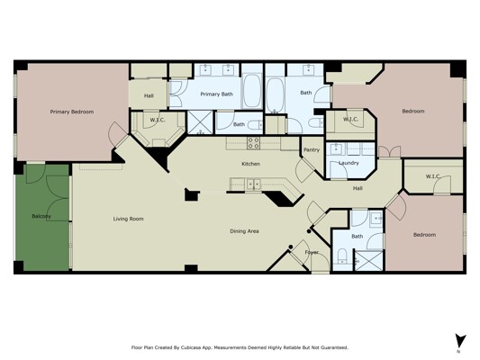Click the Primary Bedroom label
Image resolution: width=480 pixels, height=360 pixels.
tap(72, 112)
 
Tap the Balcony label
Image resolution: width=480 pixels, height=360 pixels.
tap(41, 216)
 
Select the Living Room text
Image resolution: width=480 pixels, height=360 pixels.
tap(128, 219)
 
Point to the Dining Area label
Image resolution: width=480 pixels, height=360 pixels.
tap(244, 231)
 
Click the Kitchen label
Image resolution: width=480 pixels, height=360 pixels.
tap(250, 164)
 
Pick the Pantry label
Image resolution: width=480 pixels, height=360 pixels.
tap(312, 150)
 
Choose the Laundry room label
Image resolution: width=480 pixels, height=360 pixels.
tap(349, 163)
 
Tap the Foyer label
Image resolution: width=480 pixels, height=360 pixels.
tap(312, 252)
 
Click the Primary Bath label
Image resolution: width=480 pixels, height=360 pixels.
tap(217, 94)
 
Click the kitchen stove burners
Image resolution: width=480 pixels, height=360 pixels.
tap(253, 143)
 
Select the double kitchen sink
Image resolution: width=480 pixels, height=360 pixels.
tap(254, 184)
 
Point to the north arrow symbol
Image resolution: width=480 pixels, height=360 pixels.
tap(459, 341)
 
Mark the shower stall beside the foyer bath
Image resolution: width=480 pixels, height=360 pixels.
tap(369, 261)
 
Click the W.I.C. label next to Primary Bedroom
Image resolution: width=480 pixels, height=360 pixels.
tap(158, 121)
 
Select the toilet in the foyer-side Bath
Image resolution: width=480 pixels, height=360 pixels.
tap(342, 256)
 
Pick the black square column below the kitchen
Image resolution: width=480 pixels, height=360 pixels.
tap(191, 194)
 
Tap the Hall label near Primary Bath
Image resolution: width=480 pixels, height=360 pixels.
tap(149, 96)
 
